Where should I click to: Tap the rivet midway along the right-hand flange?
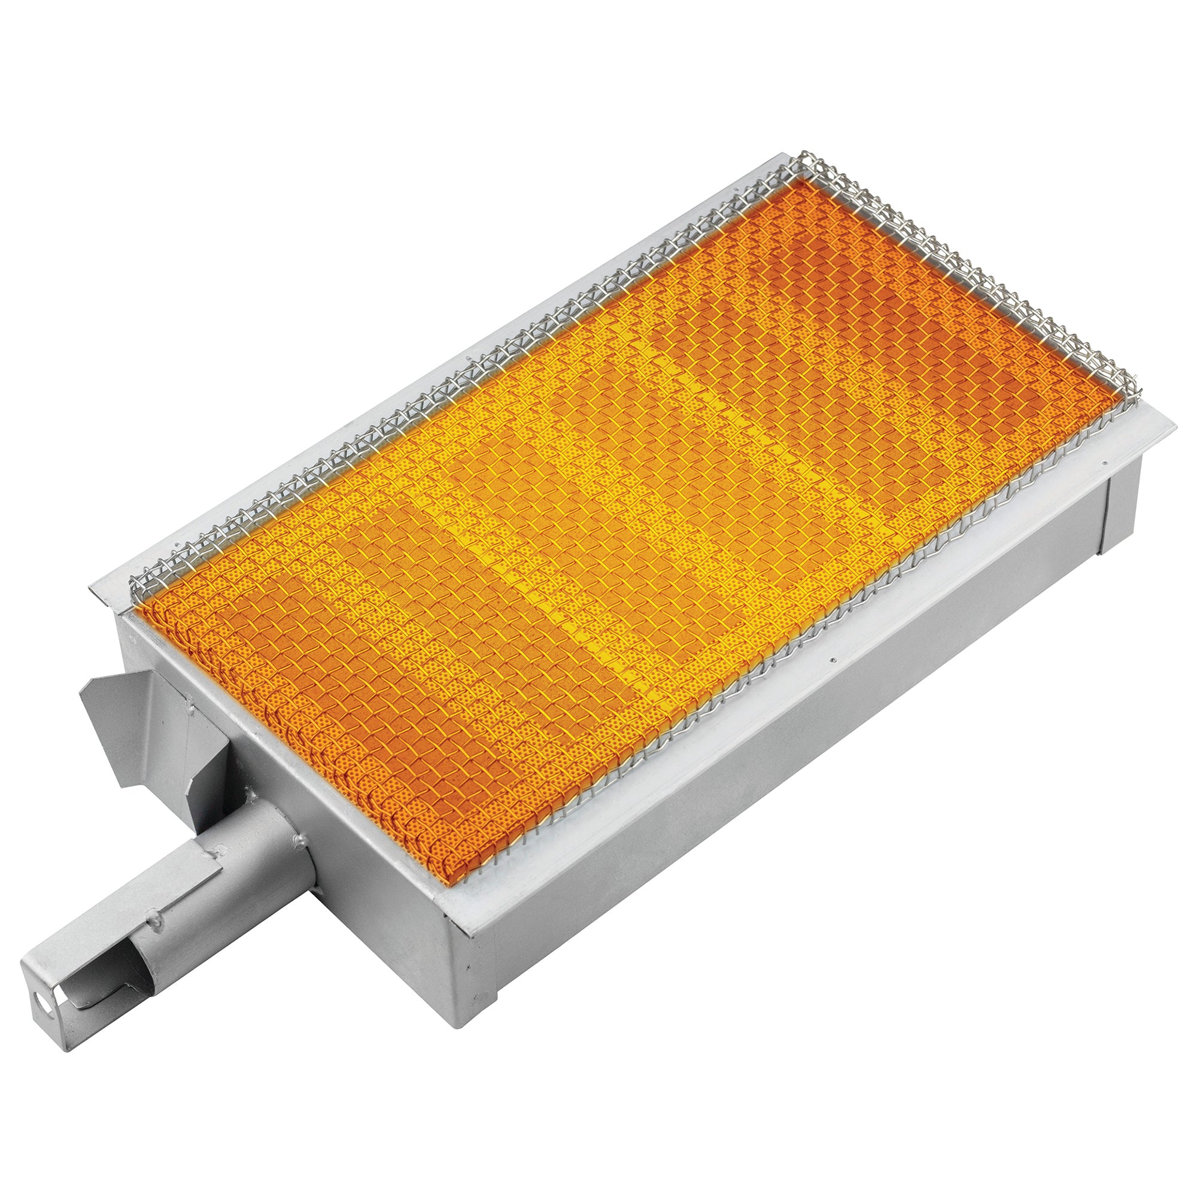tap(834, 661)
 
